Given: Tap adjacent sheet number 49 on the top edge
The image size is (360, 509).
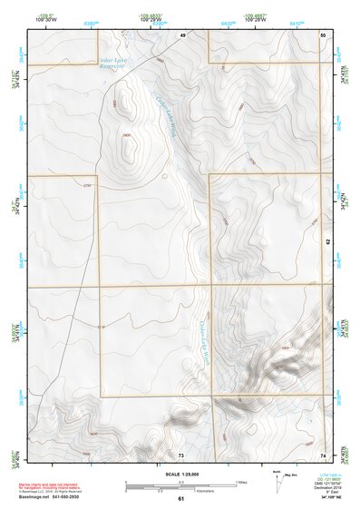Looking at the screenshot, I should click(x=181, y=34).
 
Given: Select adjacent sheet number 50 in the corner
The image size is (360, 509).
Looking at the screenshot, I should click(x=323, y=34).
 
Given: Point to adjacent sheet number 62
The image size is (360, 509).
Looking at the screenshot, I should click(x=327, y=242).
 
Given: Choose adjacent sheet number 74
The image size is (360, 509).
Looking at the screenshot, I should click(x=323, y=454).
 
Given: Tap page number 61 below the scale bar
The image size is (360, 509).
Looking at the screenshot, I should click(x=181, y=499).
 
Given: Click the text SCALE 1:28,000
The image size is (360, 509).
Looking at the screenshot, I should click(x=180, y=474).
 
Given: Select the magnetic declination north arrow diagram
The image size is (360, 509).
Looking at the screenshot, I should click(x=277, y=479).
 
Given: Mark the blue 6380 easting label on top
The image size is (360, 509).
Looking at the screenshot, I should click(x=91, y=20).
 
